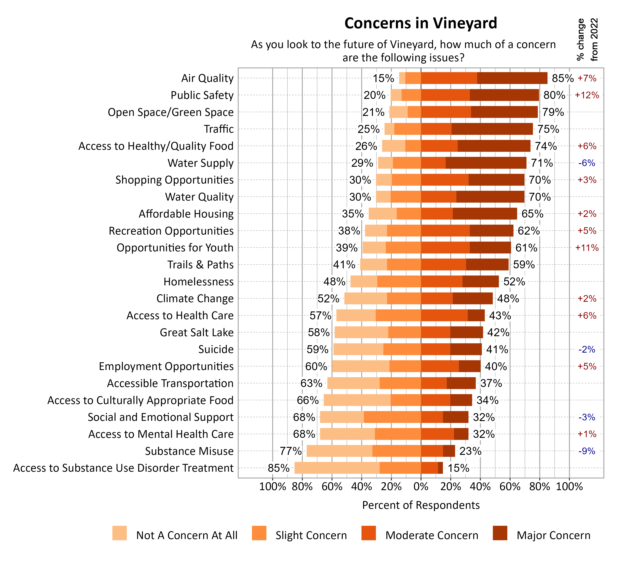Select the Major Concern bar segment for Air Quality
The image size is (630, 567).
(x=512, y=78)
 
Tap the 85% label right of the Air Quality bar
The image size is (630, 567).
(x=562, y=78)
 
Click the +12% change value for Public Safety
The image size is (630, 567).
(x=587, y=95)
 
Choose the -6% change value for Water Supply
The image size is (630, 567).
(x=587, y=163)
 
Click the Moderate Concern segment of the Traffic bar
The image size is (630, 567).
(x=436, y=129)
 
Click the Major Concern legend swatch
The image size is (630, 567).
(x=500, y=533)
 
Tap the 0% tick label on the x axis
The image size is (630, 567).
(x=421, y=487)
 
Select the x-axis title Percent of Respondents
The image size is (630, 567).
(x=421, y=505)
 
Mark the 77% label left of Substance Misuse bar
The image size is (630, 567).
(x=290, y=451)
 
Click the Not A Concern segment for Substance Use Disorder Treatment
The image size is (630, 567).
(x=337, y=468)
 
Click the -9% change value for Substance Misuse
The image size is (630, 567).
(x=587, y=451)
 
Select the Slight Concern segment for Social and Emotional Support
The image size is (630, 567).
(x=392, y=417)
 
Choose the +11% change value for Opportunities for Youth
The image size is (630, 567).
(x=587, y=248)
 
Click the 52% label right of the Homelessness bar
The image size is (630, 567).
(x=514, y=282)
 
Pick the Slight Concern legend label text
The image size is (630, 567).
(x=311, y=535)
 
